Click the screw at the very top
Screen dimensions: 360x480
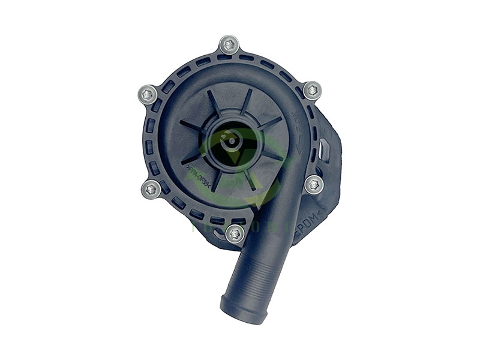tap(229, 44)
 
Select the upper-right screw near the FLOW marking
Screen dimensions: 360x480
tap(312, 91)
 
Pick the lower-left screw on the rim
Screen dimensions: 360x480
tap(151, 189)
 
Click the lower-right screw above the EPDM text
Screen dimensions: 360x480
tap(313, 185)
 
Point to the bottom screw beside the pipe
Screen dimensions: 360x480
tap(236, 233)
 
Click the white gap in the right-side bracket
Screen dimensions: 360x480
tap(324, 147)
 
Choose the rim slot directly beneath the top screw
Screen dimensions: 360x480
tap(229, 58)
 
